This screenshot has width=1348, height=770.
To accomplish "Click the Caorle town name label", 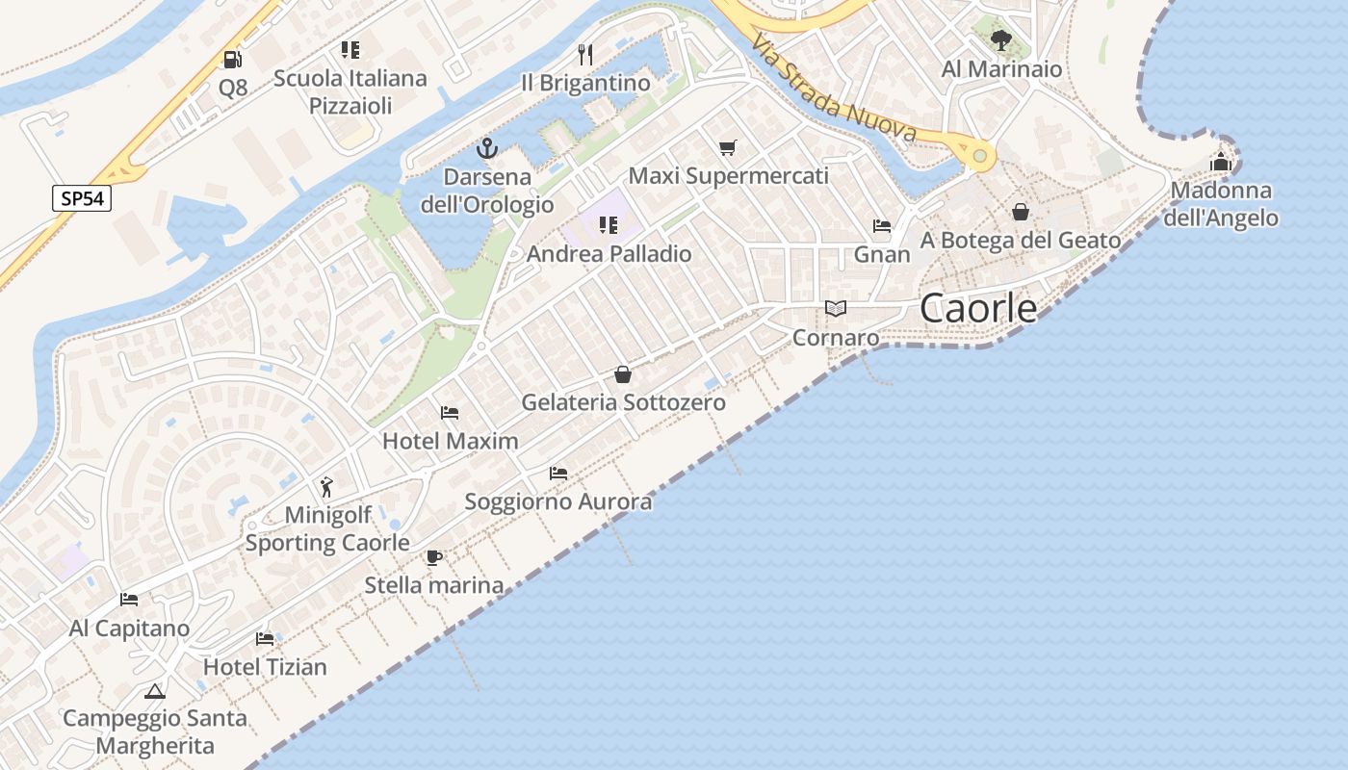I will pos(978,308).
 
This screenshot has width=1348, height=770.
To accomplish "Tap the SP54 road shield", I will pos(82,199).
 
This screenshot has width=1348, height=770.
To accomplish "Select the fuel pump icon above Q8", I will pos(232,60).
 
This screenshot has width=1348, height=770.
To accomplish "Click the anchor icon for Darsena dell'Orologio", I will pos(486,148).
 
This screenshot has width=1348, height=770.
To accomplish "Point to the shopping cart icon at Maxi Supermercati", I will pos(728,147).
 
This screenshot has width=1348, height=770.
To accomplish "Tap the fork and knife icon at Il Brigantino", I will pos(585,54).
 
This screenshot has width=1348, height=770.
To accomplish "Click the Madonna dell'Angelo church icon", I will pos(1221,162).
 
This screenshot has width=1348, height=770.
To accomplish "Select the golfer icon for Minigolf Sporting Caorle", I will pos(327,486).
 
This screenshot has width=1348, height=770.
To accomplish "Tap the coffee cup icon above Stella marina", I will pos(433,557).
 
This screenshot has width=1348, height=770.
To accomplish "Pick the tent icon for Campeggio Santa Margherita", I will pos(154,691).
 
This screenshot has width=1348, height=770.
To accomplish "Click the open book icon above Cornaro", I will pos(836,309).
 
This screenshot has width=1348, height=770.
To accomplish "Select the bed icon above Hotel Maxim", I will pos(450,413).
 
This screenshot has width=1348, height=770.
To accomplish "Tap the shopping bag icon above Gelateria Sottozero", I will pos(623,374).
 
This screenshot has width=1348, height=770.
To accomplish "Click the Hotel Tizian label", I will pos(265,666).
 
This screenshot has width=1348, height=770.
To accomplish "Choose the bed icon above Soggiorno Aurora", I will pos(558,474).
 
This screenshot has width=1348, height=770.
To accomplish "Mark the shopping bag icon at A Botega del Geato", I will pos(1021,212).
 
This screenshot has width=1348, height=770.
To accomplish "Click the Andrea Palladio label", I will pos(609,254).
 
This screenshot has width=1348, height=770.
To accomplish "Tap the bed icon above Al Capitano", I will pos(129,600).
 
